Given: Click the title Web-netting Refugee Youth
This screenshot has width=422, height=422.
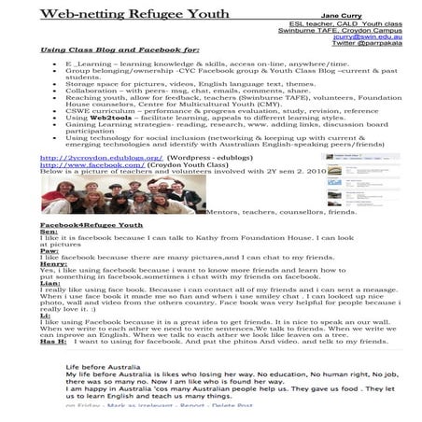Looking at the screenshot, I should pyautogui.click(x=122, y=16).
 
